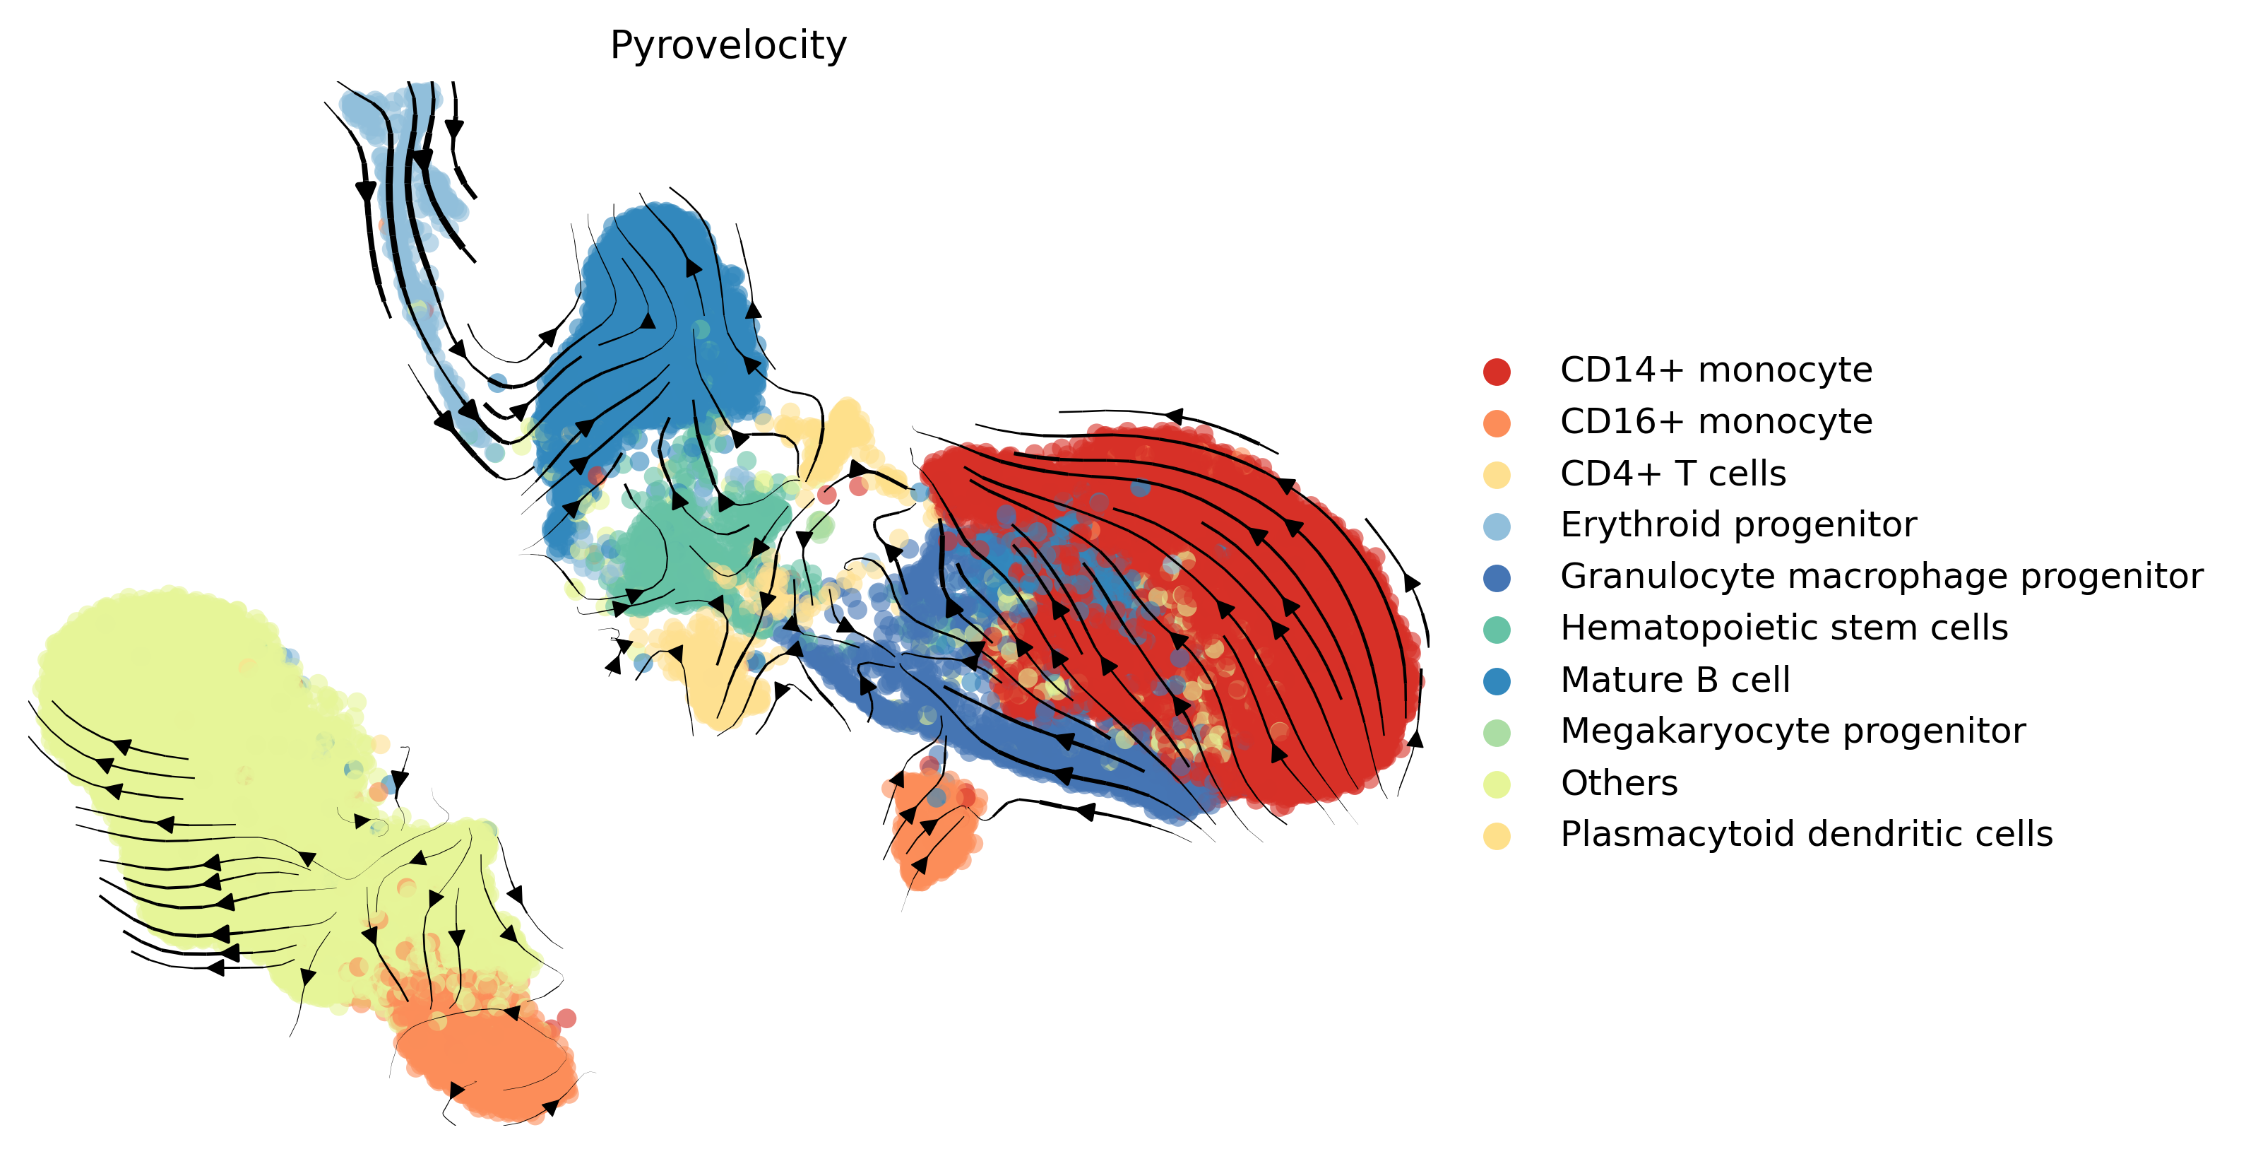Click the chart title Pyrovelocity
click(728, 45)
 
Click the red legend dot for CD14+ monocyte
click(1496, 372)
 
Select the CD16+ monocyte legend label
click(1716, 422)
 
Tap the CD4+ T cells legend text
click(1672, 473)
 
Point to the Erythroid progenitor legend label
click(1737, 525)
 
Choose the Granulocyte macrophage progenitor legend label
click(1881, 577)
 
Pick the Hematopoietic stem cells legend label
click(1783, 628)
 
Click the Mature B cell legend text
click(1675, 681)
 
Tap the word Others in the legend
click(1618, 783)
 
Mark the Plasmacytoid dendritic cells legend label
click(1806, 835)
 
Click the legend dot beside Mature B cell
click(1496, 681)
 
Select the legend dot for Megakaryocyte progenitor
click(1496, 733)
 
